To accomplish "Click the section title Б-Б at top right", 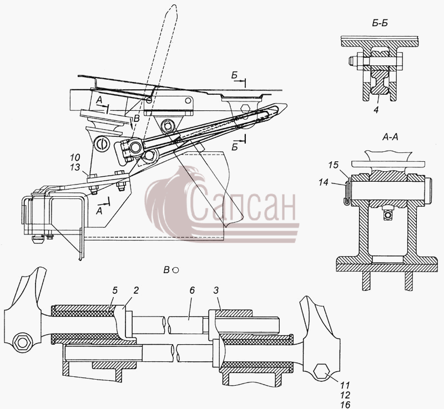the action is [x=380, y=23].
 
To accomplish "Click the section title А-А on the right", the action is [x=390, y=137].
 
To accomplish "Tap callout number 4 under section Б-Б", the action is [x=376, y=110].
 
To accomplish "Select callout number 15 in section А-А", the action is [x=334, y=165].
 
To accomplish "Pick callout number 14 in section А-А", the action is [x=324, y=182].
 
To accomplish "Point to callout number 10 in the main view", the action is [x=75, y=157].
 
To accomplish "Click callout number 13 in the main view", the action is [x=75, y=167].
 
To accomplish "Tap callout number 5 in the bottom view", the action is [x=114, y=291].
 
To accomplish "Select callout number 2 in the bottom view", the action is [x=136, y=291].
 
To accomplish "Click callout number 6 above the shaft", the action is [x=192, y=291].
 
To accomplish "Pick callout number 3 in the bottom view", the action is [x=216, y=291].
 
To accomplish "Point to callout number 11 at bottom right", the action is [x=345, y=385].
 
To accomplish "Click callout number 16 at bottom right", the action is [x=345, y=405].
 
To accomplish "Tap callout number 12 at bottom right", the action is [x=345, y=395].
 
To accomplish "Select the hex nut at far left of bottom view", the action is [x=22, y=342].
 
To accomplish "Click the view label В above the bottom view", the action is [x=167, y=270].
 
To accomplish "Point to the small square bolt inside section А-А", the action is [x=387, y=216].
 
